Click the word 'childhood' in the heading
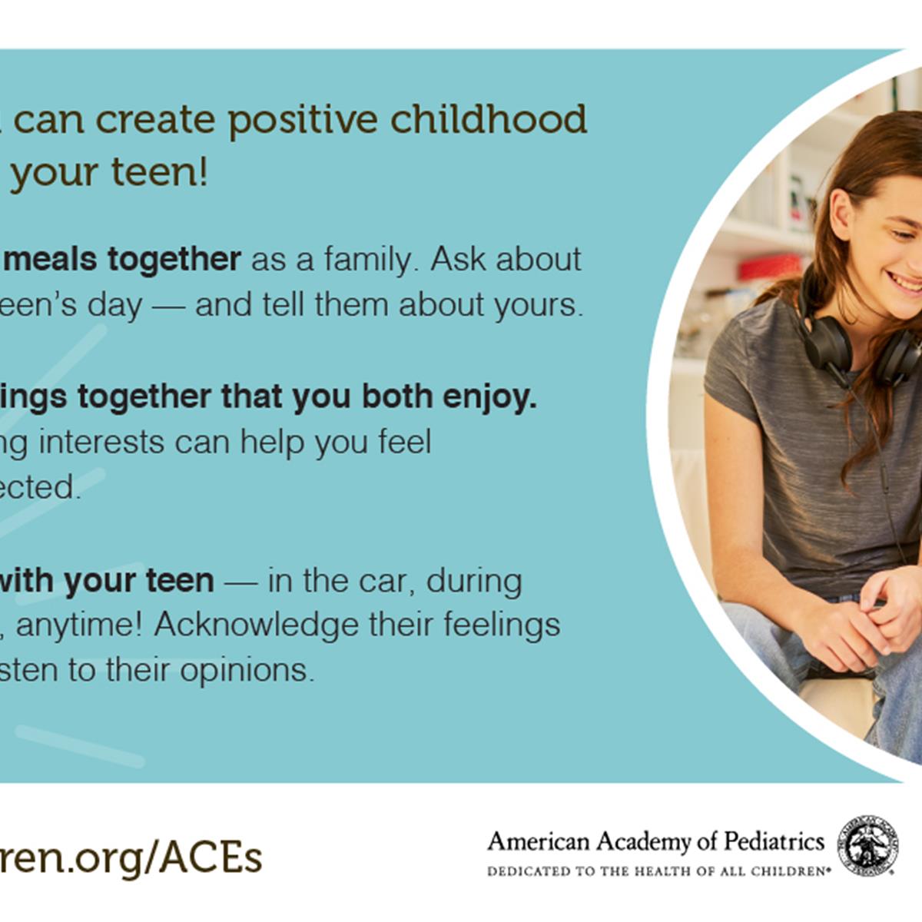tap(488, 119)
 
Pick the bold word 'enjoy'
tap(489, 397)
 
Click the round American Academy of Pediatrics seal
tap(867, 846)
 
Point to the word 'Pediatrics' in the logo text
tap(774, 841)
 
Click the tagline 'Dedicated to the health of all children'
tap(658, 872)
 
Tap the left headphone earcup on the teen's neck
tap(824, 342)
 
